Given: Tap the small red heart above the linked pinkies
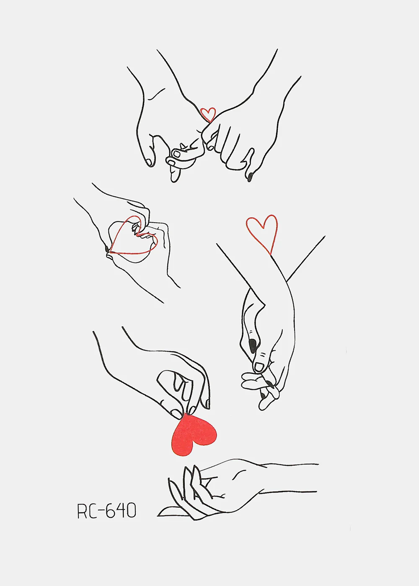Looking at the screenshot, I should [208, 114].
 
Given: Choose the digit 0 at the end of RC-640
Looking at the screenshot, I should [131, 511].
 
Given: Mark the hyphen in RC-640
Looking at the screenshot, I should [99, 511].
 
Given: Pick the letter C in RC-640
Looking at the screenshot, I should [92, 511].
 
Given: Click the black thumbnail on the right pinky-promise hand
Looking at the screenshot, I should [249, 177].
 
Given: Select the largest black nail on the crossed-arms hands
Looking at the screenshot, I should [253, 345].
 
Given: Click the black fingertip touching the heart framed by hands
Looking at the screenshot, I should [107, 249].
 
